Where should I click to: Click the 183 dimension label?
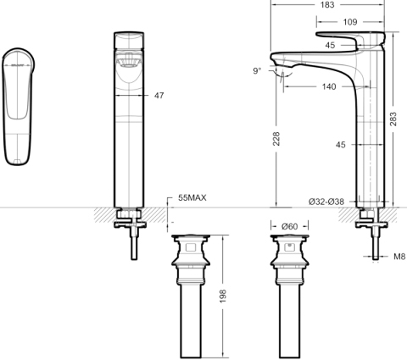[x=327, y=5]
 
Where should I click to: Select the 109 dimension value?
[x=350, y=22]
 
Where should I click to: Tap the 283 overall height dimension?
[x=393, y=119]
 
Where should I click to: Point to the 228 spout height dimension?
[x=276, y=139]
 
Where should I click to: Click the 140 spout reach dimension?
[x=329, y=86]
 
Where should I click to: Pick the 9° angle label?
[x=257, y=70]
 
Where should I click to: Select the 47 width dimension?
[x=159, y=96]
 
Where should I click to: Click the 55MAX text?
[x=192, y=197]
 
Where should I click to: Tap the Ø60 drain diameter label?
[x=290, y=226]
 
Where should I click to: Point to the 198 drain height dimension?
[x=223, y=296]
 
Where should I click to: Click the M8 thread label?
[x=399, y=257]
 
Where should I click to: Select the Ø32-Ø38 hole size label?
[x=326, y=202]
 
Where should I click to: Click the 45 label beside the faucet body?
[x=341, y=145]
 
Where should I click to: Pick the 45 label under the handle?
[x=330, y=45]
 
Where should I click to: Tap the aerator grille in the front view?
[x=129, y=61]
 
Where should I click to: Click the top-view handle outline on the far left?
[x=18, y=107]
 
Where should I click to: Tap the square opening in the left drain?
[x=191, y=247]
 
